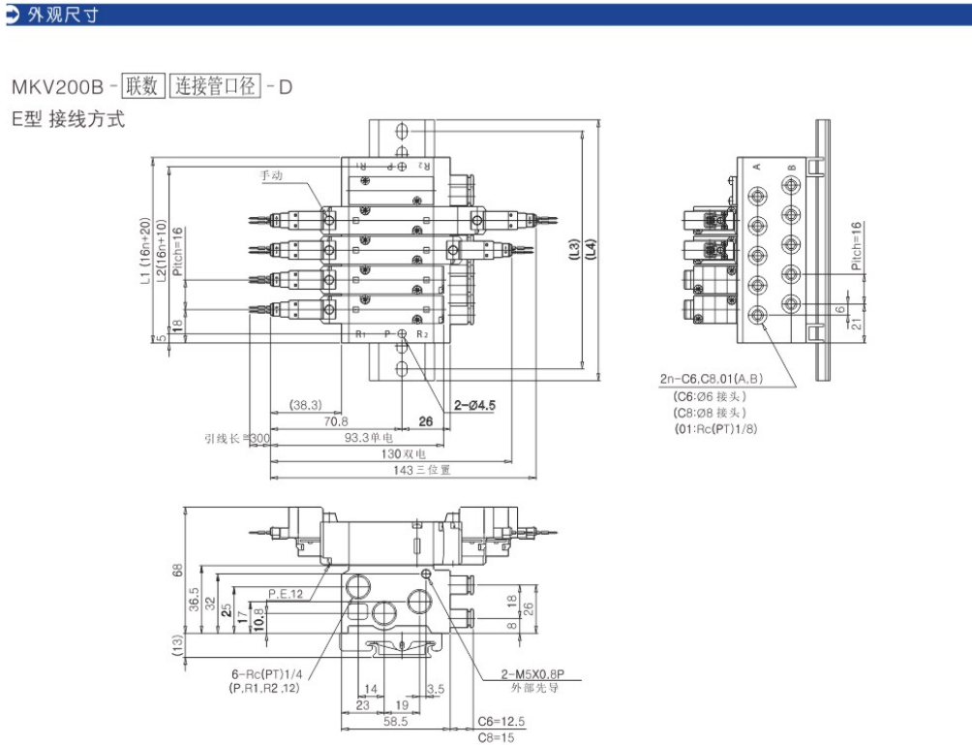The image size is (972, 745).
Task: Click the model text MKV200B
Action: click(x=56, y=86)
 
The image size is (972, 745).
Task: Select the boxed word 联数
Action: click(x=142, y=86)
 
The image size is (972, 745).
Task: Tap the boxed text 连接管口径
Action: click(x=216, y=86)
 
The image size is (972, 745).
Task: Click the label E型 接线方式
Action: click(x=68, y=121)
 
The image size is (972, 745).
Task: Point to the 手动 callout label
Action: click(x=272, y=175)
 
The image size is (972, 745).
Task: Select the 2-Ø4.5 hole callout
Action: click(x=474, y=406)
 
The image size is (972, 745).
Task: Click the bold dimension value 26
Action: click(x=425, y=420)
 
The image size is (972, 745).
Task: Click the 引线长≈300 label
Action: click(x=237, y=438)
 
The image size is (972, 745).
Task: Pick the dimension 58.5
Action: click(x=393, y=722)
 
